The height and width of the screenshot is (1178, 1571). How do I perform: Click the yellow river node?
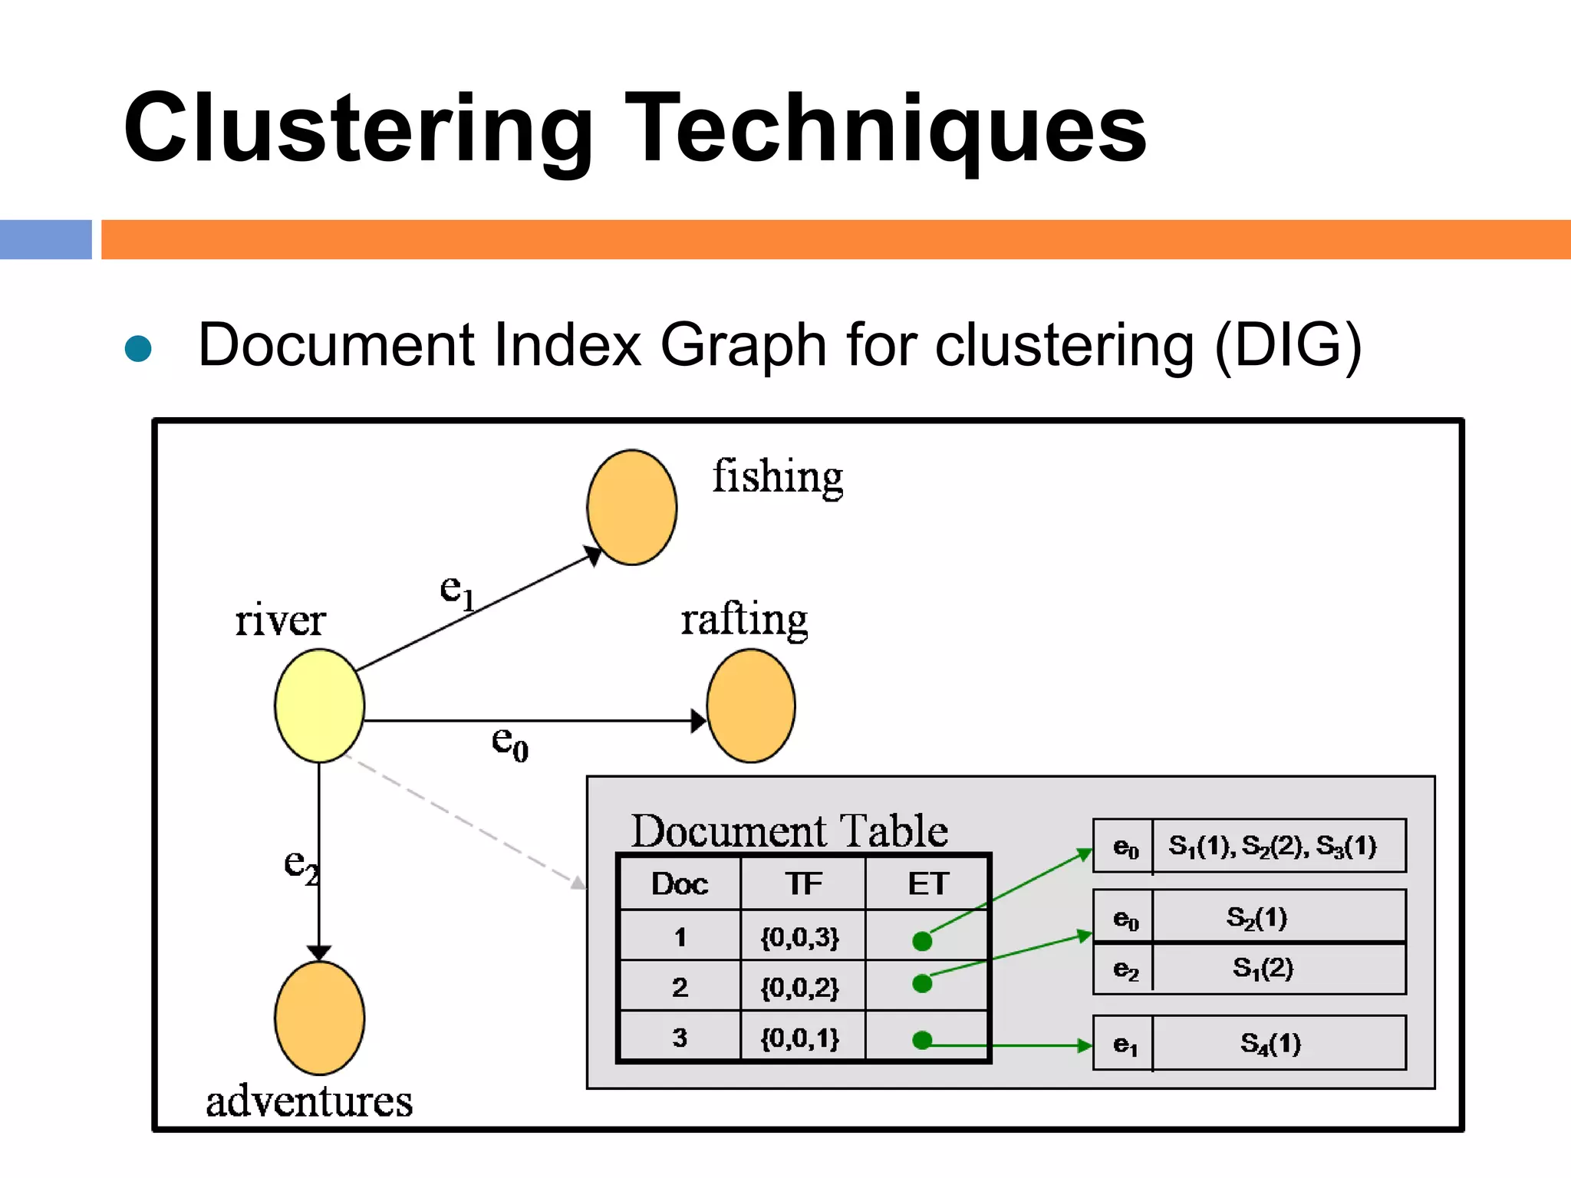tap(319, 706)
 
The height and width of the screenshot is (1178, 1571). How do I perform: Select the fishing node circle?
tap(631, 508)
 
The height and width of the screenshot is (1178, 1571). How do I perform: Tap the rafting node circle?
tap(751, 706)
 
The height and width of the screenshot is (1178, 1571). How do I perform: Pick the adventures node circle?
tap(319, 1018)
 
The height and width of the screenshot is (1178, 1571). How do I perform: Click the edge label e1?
tap(457, 592)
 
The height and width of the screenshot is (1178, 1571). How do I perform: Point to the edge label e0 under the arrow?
tap(509, 742)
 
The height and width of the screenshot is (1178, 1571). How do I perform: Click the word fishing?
tap(777, 477)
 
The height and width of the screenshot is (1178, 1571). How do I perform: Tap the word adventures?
tap(309, 1101)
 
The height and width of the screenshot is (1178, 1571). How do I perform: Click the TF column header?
tap(803, 884)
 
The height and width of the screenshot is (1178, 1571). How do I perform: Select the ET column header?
tap(928, 884)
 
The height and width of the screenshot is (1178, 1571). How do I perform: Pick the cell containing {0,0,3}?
tap(800, 937)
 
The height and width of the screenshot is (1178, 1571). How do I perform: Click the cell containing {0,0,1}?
tap(800, 1038)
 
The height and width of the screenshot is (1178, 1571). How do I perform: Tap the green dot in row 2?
tap(922, 983)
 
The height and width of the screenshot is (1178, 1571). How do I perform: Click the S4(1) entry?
tap(1270, 1043)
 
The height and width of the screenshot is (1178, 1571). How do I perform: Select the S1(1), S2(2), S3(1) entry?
tap(1272, 846)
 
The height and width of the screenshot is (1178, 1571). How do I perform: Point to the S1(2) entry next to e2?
tap(1263, 969)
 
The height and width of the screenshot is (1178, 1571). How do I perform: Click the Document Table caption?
tap(789, 831)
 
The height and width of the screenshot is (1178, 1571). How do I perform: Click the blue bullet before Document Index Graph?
tap(138, 348)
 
